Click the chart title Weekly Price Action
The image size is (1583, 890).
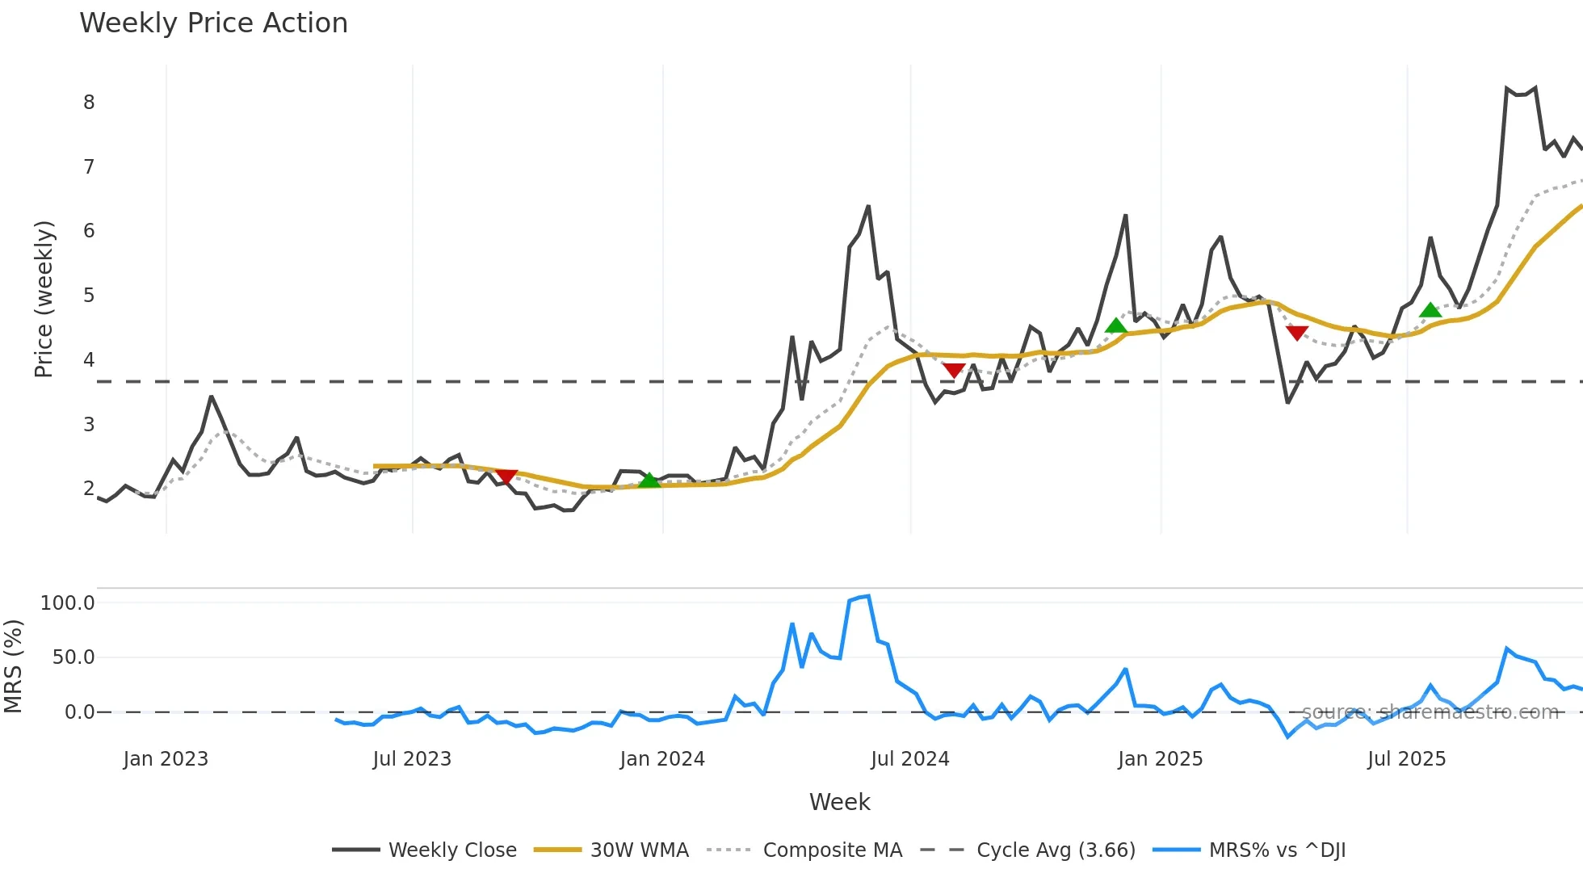[213, 23]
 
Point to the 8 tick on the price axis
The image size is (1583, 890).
[89, 103]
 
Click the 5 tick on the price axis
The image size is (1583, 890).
[89, 296]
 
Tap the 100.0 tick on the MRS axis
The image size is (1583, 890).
[68, 603]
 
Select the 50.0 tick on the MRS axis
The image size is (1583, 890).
[73, 657]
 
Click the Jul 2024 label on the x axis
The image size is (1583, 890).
[909, 759]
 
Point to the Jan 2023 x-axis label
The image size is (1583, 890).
[166, 759]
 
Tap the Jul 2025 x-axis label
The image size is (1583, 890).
[1406, 759]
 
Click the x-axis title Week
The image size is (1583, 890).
[839, 802]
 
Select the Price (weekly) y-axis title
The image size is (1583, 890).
[44, 299]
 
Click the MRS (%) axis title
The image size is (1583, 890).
[13, 666]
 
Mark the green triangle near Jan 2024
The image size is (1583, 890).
[649, 481]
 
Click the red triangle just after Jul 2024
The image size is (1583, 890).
[954, 371]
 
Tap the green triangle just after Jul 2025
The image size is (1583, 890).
[1430, 310]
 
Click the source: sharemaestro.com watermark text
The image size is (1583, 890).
[1430, 712]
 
